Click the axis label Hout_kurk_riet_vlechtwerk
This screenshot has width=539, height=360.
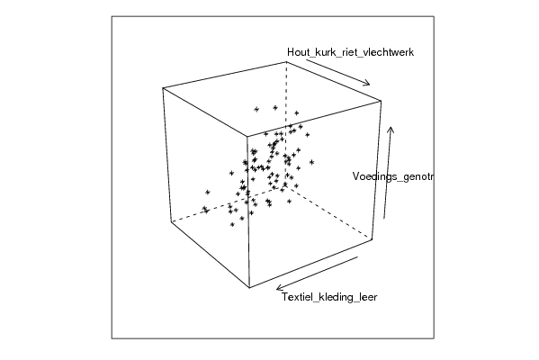[x=350, y=52]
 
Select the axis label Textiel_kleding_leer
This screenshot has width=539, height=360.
[x=329, y=297]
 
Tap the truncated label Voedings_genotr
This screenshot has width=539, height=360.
[x=393, y=176]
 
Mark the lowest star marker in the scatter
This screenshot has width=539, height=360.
[x=232, y=224]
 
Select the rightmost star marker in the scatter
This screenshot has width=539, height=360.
[x=311, y=162]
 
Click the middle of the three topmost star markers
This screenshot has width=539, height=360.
[x=275, y=108]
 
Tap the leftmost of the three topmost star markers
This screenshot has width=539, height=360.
[x=256, y=110]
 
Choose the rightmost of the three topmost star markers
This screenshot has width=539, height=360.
[x=296, y=113]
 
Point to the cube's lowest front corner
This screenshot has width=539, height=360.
[x=249, y=288]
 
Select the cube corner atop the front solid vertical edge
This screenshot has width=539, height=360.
[x=247, y=136]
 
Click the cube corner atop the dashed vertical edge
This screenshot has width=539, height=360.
[x=286, y=62]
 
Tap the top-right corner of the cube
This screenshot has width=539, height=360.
[x=382, y=101]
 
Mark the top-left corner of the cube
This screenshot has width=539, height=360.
[x=163, y=88]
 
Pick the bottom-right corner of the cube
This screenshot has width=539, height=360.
[x=373, y=239]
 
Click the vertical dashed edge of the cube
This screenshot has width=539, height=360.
[x=285, y=124]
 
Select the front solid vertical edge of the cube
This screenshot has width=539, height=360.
[x=248, y=211]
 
